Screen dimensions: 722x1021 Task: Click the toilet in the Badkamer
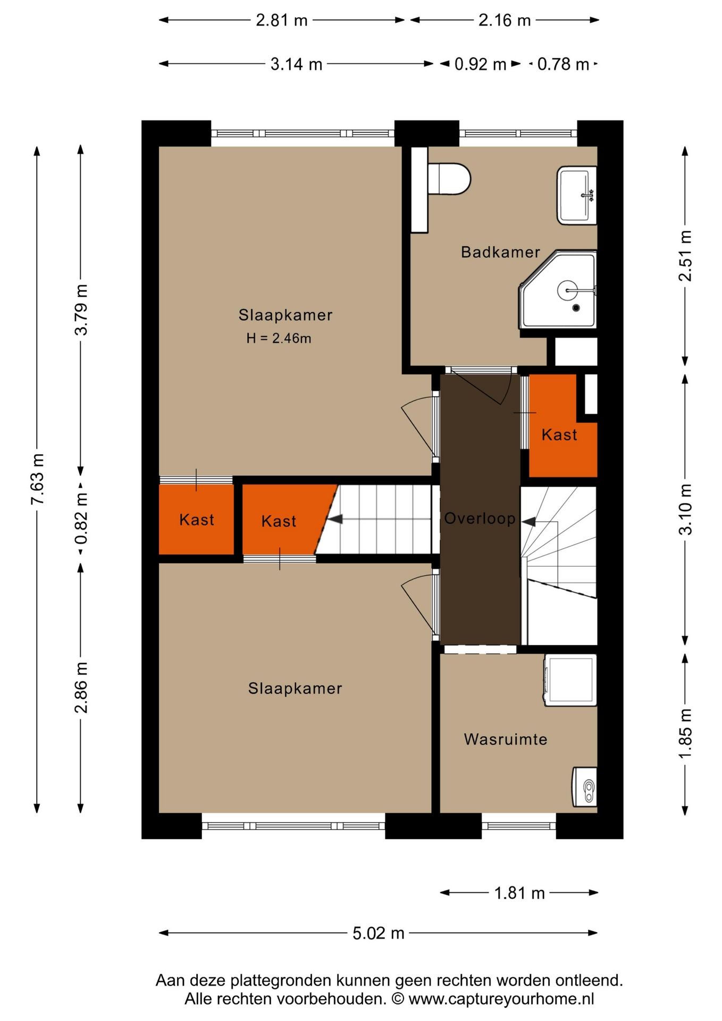point(449,179)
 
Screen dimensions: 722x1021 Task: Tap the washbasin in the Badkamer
point(576,195)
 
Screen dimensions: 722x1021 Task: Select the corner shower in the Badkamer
point(558,289)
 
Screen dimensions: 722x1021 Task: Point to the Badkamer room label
point(500,252)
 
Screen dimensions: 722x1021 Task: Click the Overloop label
point(480,518)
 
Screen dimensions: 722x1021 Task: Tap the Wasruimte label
point(505,739)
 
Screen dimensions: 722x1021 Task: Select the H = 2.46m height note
point(279,338)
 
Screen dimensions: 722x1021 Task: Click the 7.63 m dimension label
point(37,480)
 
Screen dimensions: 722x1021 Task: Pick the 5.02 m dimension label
point(379,933)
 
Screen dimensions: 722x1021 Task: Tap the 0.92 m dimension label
point(480,64)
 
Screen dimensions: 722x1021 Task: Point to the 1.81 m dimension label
point(519,893)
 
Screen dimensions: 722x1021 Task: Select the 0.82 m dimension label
point(81,518)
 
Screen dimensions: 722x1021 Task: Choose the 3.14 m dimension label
point(296,64)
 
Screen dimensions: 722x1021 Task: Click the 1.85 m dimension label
point(686,734)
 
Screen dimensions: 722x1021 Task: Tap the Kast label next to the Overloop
point(559,435)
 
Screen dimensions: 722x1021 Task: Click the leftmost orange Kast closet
point(196,519)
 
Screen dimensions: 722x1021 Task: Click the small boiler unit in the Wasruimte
point(584,787)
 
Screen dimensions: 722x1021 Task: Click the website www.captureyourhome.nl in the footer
point(501,999)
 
